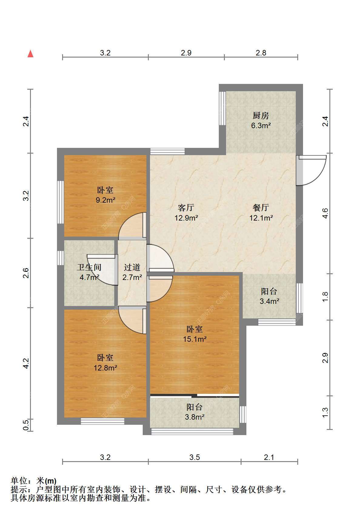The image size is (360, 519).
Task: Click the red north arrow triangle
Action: click(x=30, y=54)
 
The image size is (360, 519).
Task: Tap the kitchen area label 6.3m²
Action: click(x=261, y=125)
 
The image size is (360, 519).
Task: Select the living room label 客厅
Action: click(x=186, y=208)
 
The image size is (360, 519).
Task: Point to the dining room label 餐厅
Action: click(x=261, y=208)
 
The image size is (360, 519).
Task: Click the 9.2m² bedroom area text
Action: click(x=105, y=200)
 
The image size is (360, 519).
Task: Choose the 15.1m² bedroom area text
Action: click(x=195, y=339)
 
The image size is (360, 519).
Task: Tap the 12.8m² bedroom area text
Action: click(x=105, y=368)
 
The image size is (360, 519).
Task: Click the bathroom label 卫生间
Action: click(x=89, y=267)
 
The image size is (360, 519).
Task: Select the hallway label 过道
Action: click(x=132, y=267)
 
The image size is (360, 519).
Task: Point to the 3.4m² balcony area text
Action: click(x=269, y=301)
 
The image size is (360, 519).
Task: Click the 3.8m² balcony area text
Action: click(x=195, y=417)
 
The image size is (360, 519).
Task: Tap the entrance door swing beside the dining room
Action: click(x=311, y=171)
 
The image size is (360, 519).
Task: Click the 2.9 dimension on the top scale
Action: click(x=186, y=53)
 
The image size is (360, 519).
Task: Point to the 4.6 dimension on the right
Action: click(x=325, y=213)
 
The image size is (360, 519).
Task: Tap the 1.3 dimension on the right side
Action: click(x=325, y=413)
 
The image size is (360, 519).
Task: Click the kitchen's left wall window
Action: click(x=222, y=108)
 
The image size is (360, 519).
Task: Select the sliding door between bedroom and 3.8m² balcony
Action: click(x=195, y=395)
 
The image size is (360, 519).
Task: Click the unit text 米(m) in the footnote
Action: click(x=46, y=481)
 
